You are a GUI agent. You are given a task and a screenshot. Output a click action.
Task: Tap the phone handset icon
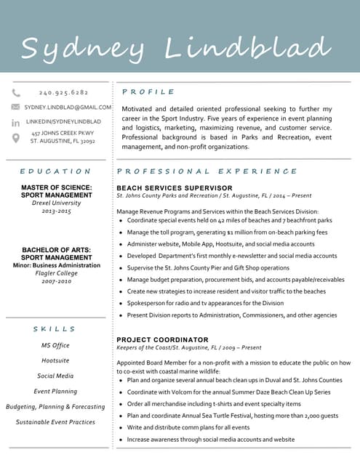click(x=16, y=93)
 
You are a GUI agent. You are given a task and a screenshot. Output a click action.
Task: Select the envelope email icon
click(x=16, y=107)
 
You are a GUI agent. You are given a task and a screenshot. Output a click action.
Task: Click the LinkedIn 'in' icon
click(x=16, y=122)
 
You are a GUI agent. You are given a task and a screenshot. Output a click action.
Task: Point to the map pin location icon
click(x=16, y=137)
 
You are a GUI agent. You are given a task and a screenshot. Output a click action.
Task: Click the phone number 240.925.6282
click(x=63, y=93)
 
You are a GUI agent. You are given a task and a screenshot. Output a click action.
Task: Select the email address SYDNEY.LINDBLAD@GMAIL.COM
click(x=68, y=107)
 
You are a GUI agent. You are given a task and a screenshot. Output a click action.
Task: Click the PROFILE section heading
click(x=148, y=92)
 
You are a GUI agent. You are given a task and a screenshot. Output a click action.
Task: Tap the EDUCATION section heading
click(x=55, y=171)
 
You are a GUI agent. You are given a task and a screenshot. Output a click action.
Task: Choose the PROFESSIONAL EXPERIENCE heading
click(x=207, y=171)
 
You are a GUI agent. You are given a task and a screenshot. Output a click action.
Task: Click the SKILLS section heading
click(x=55, y=329)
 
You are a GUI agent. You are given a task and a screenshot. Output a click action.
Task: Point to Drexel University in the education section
click(x=56, y=203)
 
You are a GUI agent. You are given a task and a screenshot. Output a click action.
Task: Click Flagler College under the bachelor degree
click(x=56, y=273)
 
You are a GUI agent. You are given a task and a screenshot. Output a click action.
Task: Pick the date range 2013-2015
click(x=56, y=211)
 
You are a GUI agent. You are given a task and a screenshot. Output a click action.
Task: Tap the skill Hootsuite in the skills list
click(x=55, y=360)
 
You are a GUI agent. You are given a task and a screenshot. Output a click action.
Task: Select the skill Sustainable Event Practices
click(x=55, y=422)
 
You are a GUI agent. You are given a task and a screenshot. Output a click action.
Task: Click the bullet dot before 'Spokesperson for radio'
click(x=120, y=303)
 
